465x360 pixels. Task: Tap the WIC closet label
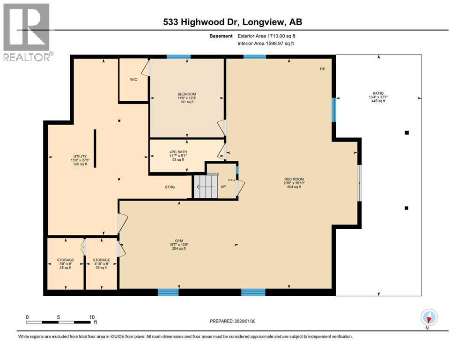coord(133,79)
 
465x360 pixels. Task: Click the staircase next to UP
coord(206,186)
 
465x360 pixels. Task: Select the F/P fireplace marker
coord(322,69)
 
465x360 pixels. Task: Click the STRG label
coord(170,187)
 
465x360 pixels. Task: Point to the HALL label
coord(231,180)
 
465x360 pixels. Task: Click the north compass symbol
coord(428,318)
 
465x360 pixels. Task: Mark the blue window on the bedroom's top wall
coord(178,57)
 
